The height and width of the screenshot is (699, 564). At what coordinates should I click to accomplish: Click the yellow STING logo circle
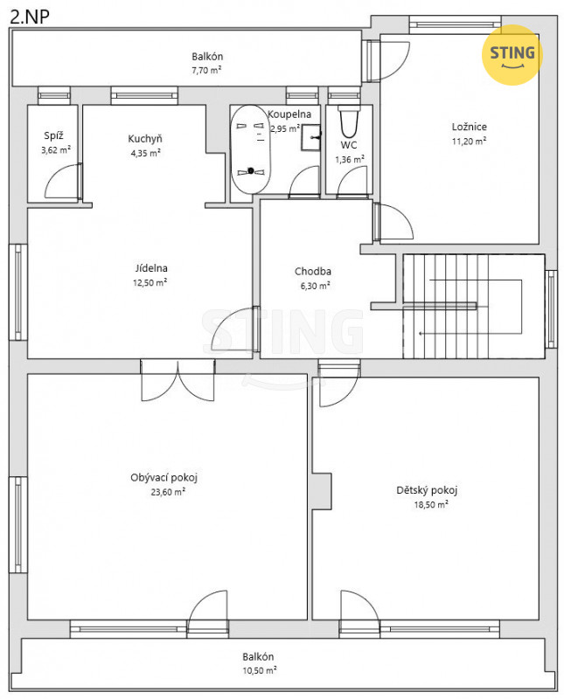point(512,54)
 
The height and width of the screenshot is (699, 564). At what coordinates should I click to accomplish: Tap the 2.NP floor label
point(30,17)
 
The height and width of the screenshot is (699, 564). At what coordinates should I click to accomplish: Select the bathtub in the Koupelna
point(250,149)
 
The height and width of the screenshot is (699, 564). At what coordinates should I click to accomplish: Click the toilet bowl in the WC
point(349,121)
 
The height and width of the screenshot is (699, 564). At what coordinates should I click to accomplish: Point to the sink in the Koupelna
point(310,137)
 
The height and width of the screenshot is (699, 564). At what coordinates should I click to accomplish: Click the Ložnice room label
point(469,127)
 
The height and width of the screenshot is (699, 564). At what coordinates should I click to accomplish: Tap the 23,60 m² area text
point(168,492)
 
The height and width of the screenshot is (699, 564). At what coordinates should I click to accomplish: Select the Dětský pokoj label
point(427,490)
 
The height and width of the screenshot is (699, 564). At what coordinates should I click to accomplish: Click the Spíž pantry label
point(53,135)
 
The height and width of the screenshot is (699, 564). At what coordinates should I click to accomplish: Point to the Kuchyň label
point(145,139)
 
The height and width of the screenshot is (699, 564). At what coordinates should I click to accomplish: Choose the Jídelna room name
point(151,268)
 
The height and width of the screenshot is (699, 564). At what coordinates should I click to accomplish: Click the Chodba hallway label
point(313,271)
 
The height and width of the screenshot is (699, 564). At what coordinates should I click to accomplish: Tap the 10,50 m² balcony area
point(259,670)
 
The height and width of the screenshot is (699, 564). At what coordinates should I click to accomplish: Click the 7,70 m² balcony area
point(206,70)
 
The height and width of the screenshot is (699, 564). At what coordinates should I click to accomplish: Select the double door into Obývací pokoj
point(178,381)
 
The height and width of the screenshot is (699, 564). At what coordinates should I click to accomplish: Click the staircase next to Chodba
point(473,307)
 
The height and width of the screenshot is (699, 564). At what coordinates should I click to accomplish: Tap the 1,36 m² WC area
point(350,159)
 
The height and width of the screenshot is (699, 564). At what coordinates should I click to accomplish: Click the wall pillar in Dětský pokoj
point(322,491)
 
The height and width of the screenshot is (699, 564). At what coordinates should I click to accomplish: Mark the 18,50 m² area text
point(431,504)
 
